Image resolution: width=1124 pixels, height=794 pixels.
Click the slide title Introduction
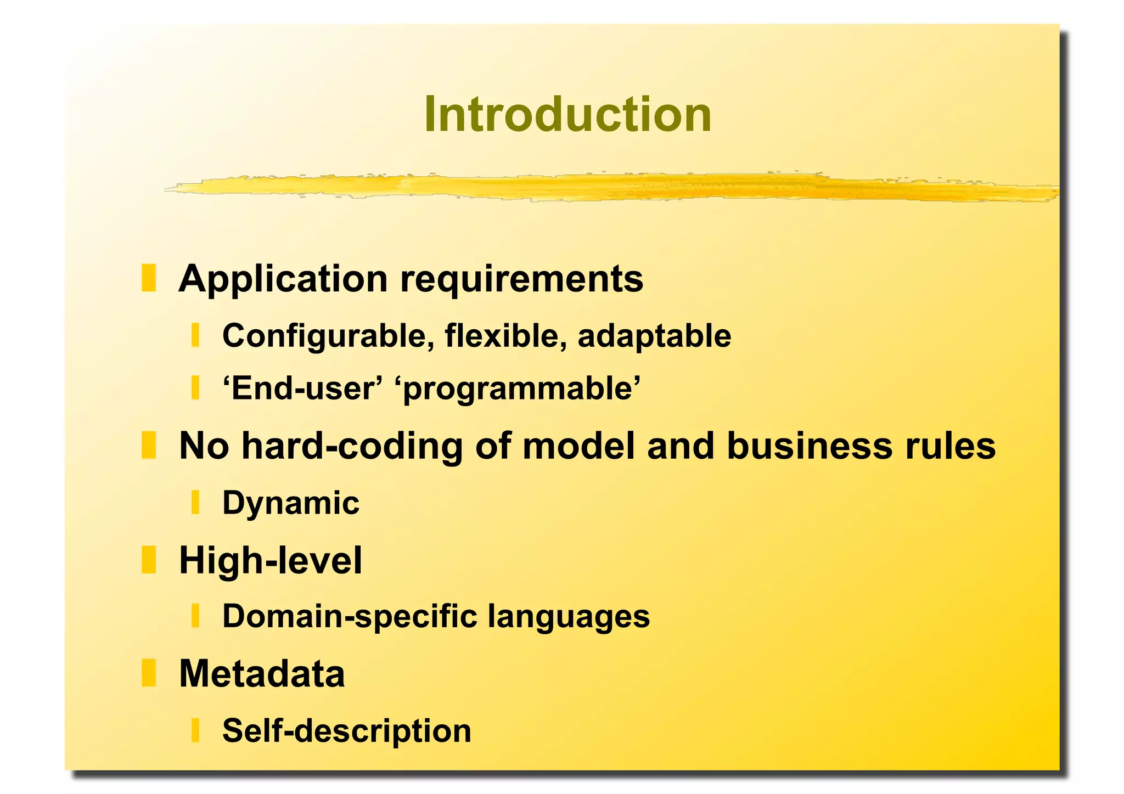[x=567, y=115]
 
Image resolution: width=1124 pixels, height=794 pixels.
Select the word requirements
[x=521, y=279]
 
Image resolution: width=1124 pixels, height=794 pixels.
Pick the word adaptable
[x=654, y=335]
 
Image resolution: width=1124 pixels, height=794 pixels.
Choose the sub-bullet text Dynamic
[x=291, y=503]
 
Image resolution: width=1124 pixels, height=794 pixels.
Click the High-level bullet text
[x=271, y=560]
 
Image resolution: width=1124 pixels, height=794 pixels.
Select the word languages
[x=569, y=616]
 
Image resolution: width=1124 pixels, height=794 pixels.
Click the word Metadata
[x=262, y=673]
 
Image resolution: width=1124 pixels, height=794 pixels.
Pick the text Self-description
[x=346, y=730]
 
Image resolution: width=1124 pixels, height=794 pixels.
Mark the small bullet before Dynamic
[x=195, y=502]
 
